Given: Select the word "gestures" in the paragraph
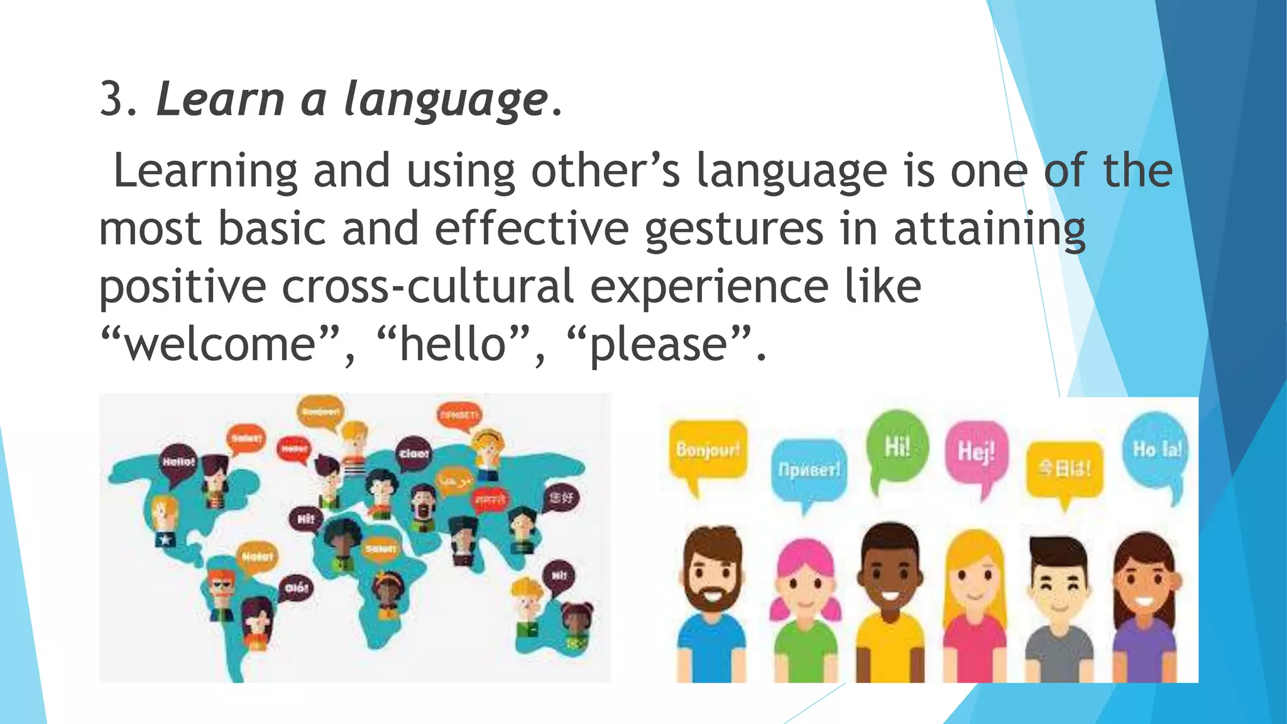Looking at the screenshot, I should (x=733, y=229).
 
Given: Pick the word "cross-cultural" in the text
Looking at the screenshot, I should (x=427, y=287).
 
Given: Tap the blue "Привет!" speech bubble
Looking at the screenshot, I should (x=809, y=470).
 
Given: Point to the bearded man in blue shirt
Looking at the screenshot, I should (x=711, y=603).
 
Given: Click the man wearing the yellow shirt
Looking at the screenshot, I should (x=890, y=603).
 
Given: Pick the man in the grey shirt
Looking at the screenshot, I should (x=1060, y=610).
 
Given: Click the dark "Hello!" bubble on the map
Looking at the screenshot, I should (x=178, y=463).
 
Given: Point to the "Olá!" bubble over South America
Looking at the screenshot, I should (x=296, y=588).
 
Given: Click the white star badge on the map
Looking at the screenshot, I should (x=165, y=539).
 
